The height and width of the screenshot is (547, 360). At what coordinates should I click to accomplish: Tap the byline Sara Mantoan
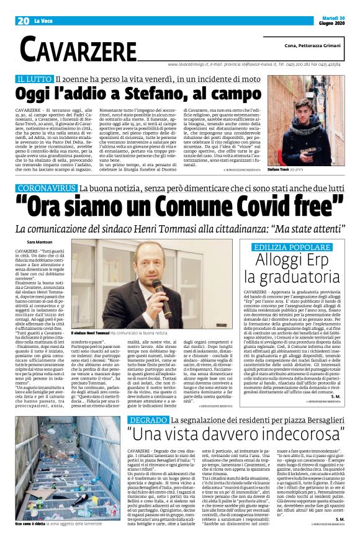pyautogui.click(x=40, y=241)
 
